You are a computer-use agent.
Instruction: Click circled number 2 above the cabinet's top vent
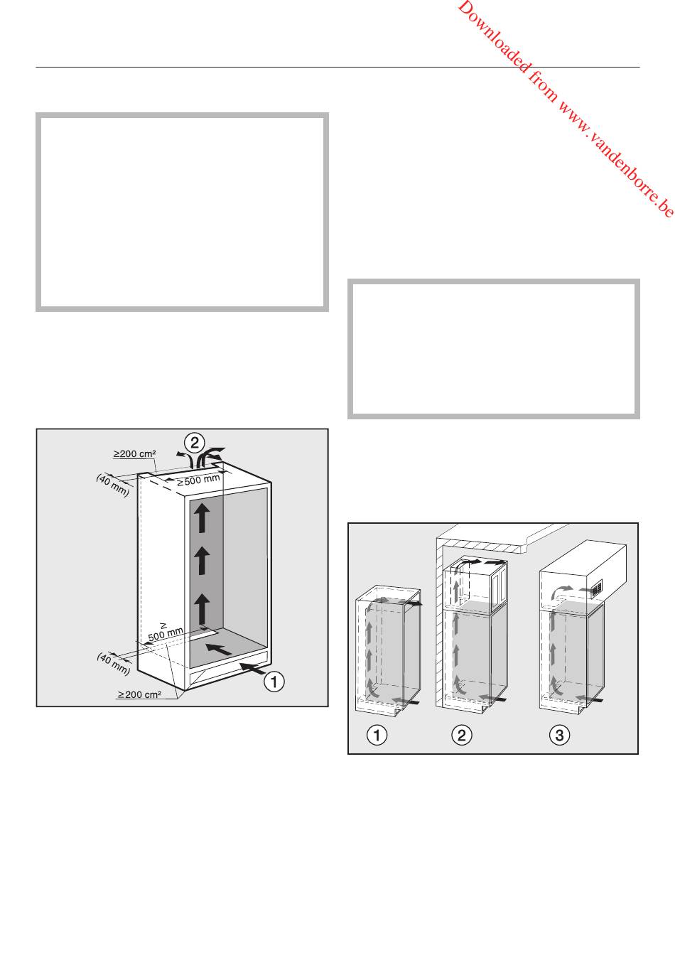click(x=195, y=442)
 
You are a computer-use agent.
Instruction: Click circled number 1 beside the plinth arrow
click(x=274, y=682)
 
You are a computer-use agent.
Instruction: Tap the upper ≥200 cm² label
click(x=134, y=453)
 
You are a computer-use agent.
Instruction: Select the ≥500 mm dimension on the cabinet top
click(x=199, y=480)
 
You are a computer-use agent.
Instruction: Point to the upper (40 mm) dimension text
click(x=113, y=485)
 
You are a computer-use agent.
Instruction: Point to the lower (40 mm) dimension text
click(x=113, y=663)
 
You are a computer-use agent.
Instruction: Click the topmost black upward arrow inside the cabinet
click(x=202, y=517)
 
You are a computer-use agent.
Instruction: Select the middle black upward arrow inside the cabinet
click(x=202, y=560)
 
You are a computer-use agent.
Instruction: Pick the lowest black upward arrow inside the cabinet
click(x=202, y=609)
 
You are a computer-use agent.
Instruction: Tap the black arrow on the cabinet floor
click(x=220, y=648)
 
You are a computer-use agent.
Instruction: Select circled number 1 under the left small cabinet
click(x=377, y=735)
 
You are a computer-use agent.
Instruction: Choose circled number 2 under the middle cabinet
click(x=462, y=735)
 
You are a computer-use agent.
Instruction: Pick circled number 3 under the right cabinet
click(x=559, y=735)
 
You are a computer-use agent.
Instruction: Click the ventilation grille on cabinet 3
click(x=596, y=588)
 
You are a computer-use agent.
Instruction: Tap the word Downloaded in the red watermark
click(x=494, y=38)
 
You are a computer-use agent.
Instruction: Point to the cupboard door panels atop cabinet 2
click(x=499, y=583)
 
